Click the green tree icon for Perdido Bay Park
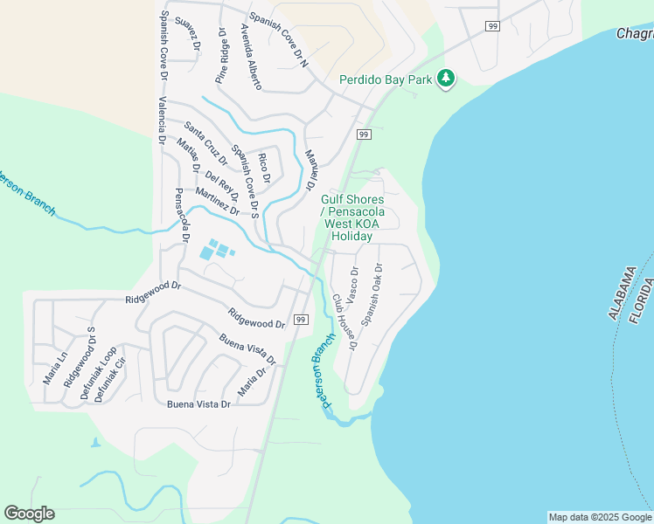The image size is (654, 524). (447, 79)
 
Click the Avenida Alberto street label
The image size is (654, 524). (250, 57)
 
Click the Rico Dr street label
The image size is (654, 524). (263, 168)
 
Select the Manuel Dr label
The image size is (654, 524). (310, 170)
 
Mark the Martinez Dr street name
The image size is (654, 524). (218, 201)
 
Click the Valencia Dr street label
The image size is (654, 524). (161, 121)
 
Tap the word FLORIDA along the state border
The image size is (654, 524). (642, 300)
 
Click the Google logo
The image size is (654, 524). (29, 514)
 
